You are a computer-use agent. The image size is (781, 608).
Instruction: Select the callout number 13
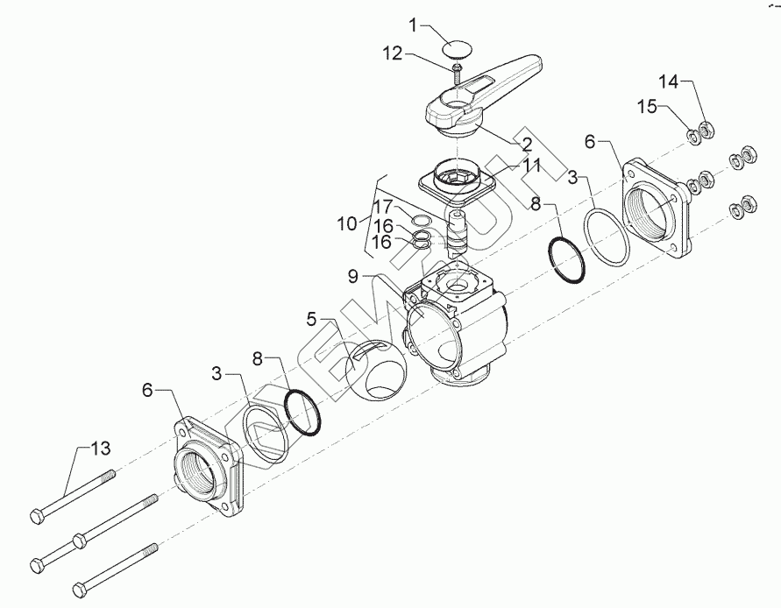point(102,449)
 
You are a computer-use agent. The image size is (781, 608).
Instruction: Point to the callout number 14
point(669,81)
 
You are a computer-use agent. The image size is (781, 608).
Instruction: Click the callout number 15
point(645,106)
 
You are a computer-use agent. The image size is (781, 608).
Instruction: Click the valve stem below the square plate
point(458,230)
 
